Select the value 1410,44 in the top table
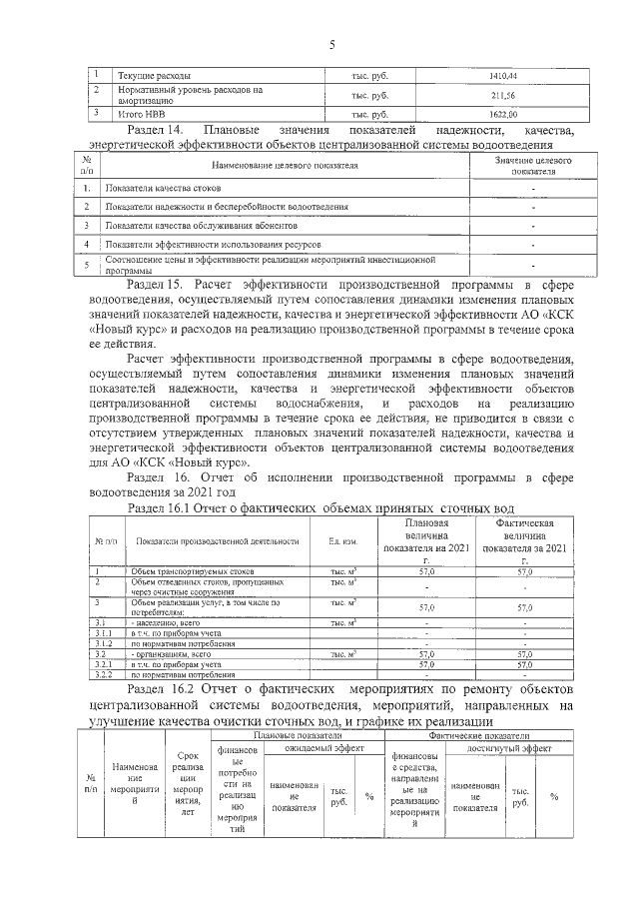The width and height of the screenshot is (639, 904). pyautogui.click(x=502, y=76)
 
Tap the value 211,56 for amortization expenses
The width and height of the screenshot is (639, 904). pyautogui.click(x=502, y=95)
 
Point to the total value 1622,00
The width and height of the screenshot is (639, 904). pyautogui.click(x=502, y=114)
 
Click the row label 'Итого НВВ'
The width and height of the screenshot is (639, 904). pyautogui.click(x=140, y=114)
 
